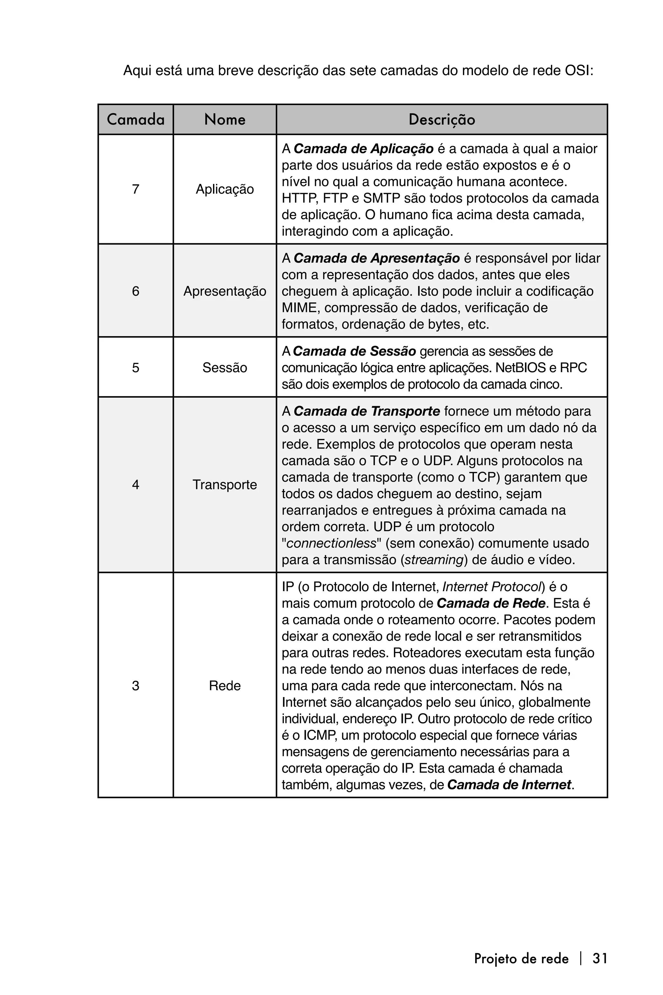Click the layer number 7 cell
[136, 189]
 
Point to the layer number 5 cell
[136, 368]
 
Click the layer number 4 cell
[136, 485]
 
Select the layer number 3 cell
[136, 685]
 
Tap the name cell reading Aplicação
[225, 189]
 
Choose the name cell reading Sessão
[225, 368]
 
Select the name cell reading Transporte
[225, 485]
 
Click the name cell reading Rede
[225, 685]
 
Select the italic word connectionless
[331, 543]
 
